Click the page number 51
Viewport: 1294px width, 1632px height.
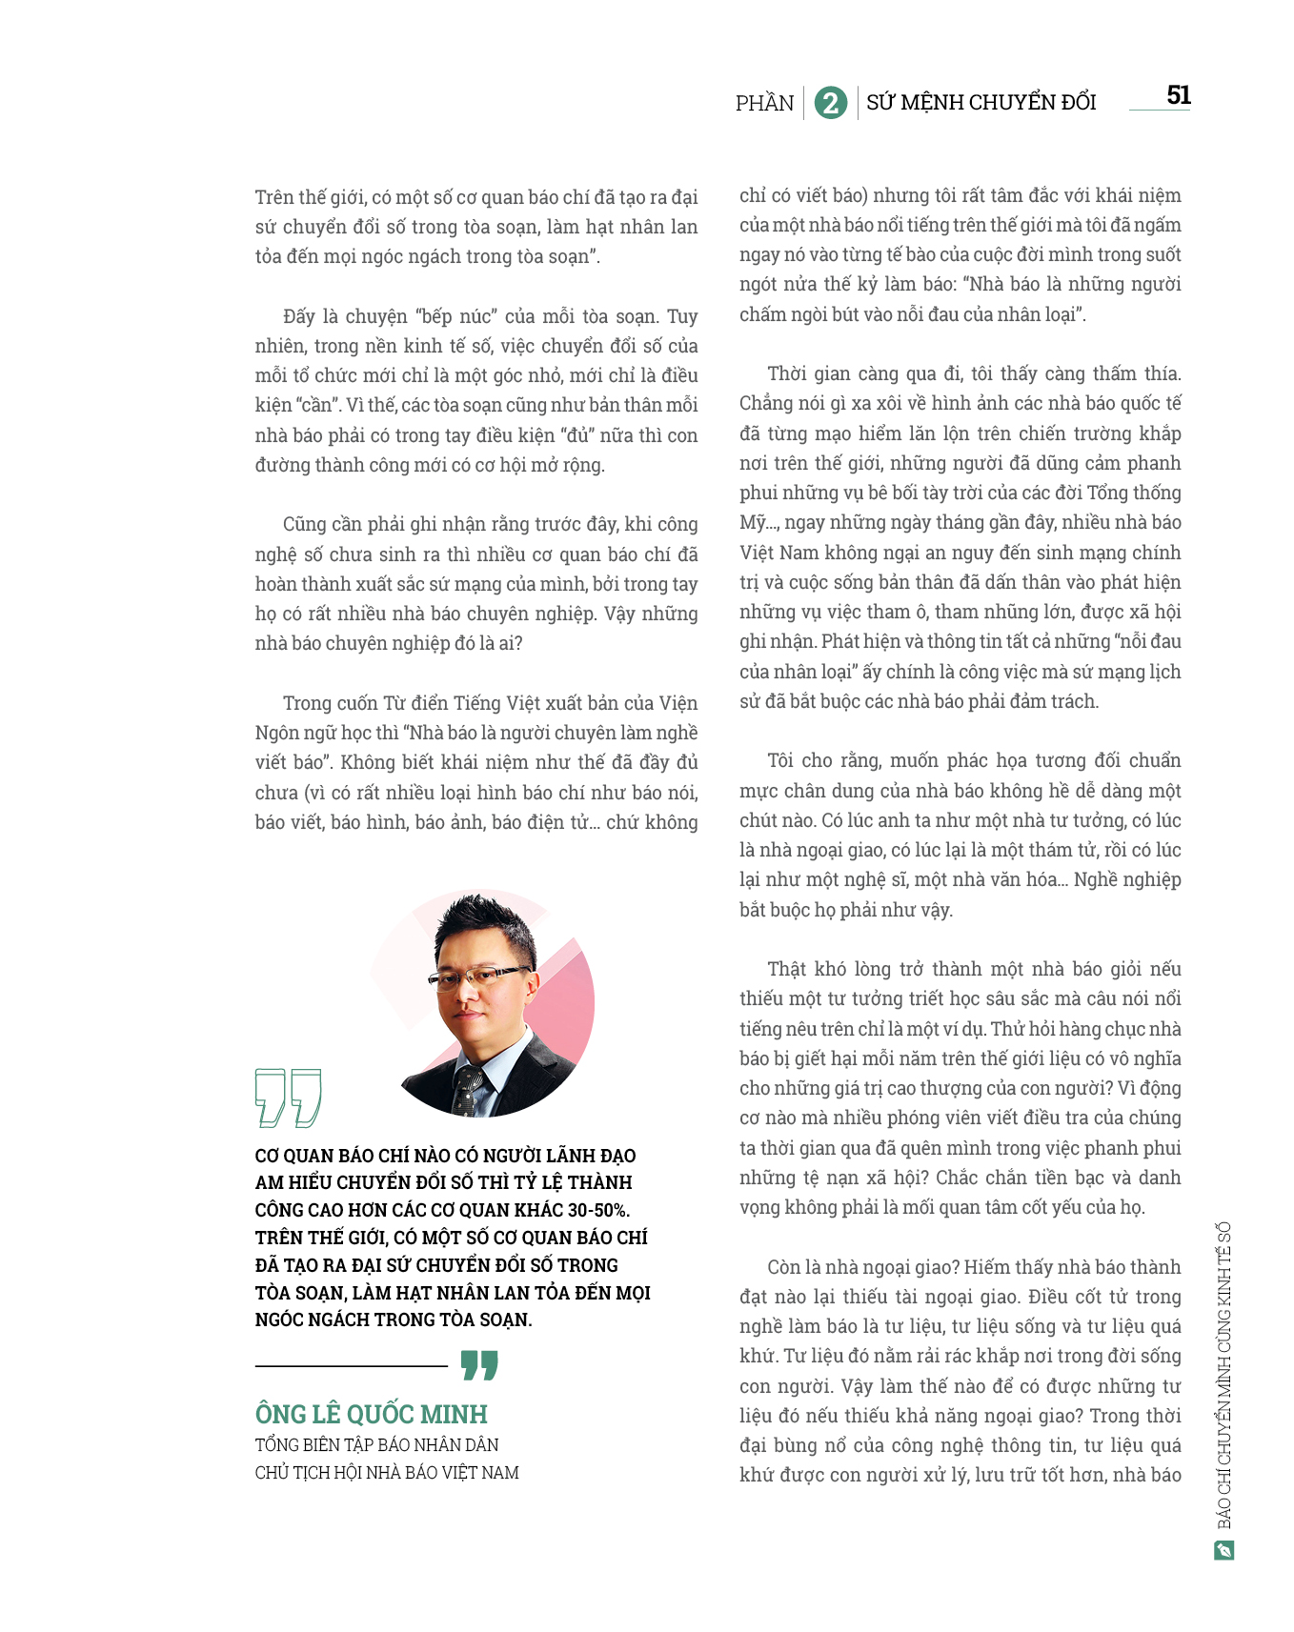pos(1179,95)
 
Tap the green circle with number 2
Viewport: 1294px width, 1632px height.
pos(831,103)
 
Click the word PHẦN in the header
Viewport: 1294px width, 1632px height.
pos(764,103)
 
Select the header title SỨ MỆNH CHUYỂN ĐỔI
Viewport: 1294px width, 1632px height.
pos(981,102)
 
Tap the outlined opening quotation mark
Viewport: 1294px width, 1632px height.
pos(288,1097)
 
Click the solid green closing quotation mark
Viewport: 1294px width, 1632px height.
pos(479,1364)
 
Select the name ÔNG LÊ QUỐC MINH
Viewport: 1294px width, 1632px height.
pos(371,1414)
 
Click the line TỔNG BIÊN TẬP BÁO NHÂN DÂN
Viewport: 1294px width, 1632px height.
pos(376,1444)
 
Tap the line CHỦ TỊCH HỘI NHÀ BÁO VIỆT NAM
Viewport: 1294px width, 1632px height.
pos(387,1472)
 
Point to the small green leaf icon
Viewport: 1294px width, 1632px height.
pos(1224,1550)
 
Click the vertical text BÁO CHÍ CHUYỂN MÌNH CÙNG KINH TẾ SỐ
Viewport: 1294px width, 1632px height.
pos(1224,1376)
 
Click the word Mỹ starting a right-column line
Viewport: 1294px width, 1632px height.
pos(753,523)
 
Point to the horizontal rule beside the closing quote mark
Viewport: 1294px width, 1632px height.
pos(351,1366)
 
